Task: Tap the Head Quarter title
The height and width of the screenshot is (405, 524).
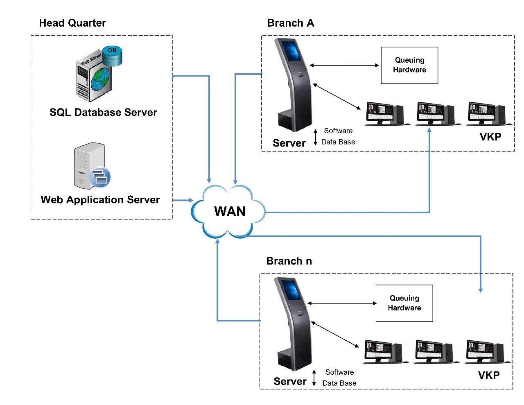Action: coord(72,23)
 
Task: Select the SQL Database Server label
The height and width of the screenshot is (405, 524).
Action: coord(103,112)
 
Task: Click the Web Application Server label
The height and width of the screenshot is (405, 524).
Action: coord(100,199)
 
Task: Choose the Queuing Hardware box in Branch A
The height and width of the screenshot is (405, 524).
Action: coord(409,65)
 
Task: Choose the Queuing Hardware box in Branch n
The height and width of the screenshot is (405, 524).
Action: coord(404,303)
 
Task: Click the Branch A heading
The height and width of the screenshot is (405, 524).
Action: coord(290,23)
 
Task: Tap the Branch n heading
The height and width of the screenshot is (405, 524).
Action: coord(289,261)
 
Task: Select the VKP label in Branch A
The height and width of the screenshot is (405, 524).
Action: coord(490,137)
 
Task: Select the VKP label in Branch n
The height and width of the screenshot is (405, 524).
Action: coord(489,375)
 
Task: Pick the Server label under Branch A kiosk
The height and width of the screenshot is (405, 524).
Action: coord(289,143)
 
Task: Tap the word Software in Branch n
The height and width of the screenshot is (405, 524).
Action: coord(339,372)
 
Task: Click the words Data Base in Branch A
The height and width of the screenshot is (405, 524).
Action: coord(338,142)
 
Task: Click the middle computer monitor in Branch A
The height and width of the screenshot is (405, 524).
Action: coord(429,113)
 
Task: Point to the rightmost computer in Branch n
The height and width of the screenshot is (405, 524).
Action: coord(487,351)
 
